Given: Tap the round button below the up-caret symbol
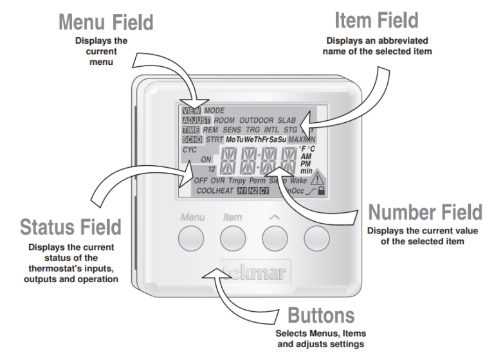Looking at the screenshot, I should [275, 239].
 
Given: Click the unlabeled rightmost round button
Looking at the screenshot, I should [316, 239].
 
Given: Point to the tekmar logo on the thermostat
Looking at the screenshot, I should [254, 272].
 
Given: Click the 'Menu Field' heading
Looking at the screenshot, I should [106, 22].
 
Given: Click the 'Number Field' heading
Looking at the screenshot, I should [424, 212].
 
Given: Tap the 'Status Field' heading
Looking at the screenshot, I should [70, 227].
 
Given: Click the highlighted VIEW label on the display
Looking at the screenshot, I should [191, 111].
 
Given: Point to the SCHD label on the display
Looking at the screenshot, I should [192, 139].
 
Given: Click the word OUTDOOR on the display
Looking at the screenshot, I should [257, 120].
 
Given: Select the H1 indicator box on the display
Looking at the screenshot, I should [242, 191].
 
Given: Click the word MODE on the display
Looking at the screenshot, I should [214, 111].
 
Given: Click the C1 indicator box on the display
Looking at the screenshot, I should [264, 191].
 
